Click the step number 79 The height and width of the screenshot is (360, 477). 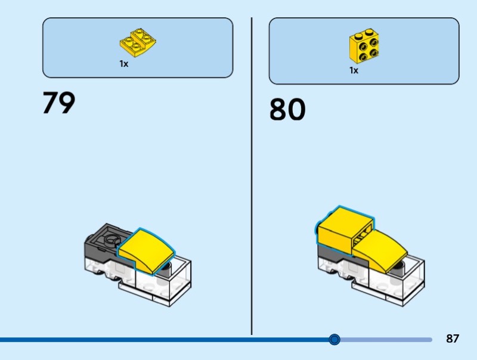(x=58, y=103)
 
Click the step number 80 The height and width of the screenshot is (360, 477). (x=287, y=109)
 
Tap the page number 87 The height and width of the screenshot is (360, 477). (x=453, y=339)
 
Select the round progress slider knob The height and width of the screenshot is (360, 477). (x=334, y=339)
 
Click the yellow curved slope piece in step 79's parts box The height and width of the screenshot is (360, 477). (x=138, y=43)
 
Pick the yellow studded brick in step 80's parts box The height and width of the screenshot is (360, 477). (x=364, y=46)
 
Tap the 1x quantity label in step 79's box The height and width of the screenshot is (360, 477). (x=124, y=64)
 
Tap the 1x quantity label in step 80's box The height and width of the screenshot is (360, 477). (x=354, y=70)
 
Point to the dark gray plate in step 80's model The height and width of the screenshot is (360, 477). (x=334, y=254)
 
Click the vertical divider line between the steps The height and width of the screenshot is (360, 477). (x=252, y=176)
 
